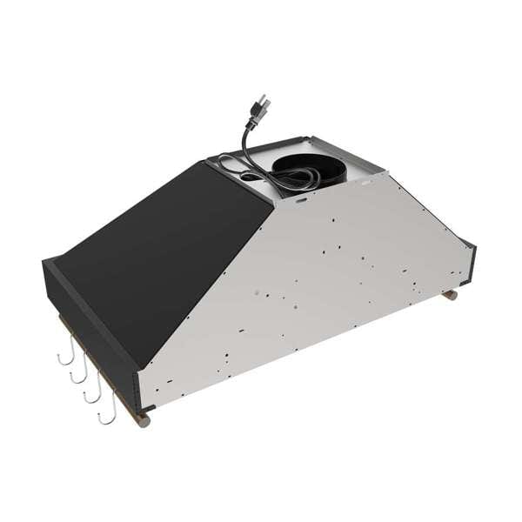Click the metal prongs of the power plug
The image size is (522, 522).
click(263, 102)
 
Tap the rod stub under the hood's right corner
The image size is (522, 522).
click(450, 296)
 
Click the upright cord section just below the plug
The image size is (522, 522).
click(249, 139)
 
